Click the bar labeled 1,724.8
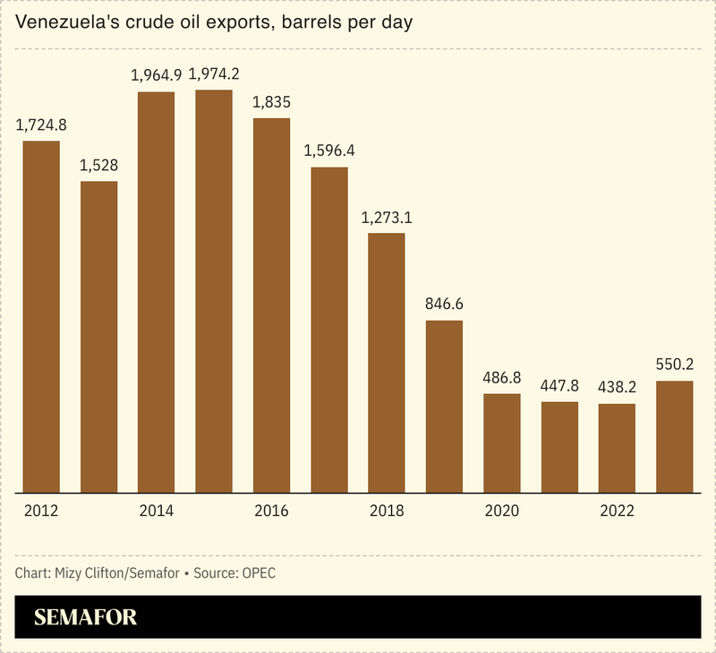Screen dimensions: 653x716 tap(41, 316)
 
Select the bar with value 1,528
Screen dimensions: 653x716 tap(98, 337)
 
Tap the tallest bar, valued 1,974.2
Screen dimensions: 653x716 tap(214, 291)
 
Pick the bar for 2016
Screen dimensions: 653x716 tap(271, 305)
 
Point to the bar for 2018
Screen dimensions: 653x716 tap(387, 363)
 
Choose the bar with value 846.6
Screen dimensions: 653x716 tap(444, 407)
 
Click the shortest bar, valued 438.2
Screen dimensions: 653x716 tap(617, 448)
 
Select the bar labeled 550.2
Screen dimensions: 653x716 tap(675, 437)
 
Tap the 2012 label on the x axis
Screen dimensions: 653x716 tap(41, 511)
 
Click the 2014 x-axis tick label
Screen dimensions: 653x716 tap(157, 511)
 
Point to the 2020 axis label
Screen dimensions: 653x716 tap(502, 511)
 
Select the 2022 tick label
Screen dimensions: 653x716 tap(617, 511)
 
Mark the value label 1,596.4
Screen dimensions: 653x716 tap(329, 150)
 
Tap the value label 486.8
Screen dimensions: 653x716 tap(502, 377)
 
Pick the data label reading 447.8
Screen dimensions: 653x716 tap(559, 385)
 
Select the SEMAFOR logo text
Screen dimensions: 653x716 tap(85, 617)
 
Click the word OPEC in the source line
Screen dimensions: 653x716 tap(258, 572)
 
